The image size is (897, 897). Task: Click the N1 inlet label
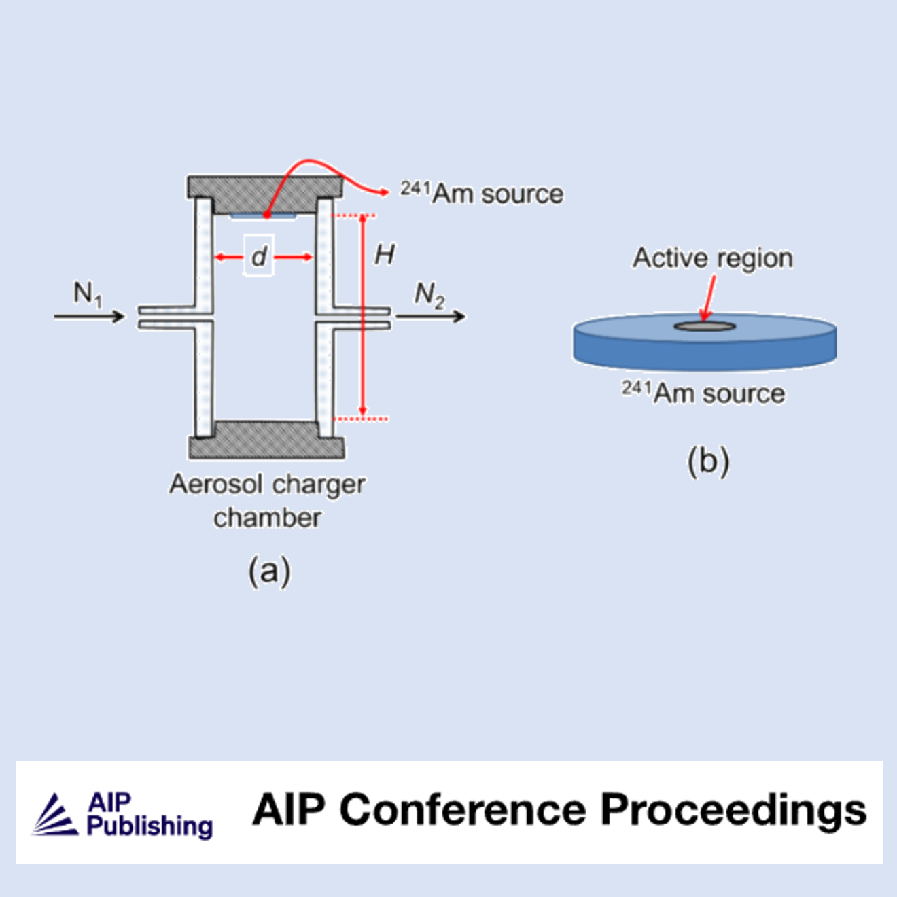(x=87, y=294)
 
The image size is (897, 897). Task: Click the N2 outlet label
(x=429, y=295)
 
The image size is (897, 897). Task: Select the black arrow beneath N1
(x=90, y=316)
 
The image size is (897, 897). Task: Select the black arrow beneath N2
(x=430, y=316)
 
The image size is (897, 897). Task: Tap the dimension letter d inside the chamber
(x=259, y=256)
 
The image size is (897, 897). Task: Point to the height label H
(x=384, y=255)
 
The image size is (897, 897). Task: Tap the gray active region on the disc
(x=705, y=327)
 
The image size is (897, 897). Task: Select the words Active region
(x=713, y=258)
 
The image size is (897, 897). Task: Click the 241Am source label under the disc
(x=703, y=393)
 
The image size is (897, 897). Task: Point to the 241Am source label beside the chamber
(x=482, y=193)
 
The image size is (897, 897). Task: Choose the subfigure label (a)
(x=269, y=570)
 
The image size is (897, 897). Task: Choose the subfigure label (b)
(x=708, y=461)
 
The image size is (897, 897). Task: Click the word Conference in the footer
(x=463, y=810)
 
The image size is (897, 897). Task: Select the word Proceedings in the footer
(x=734, y=811)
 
